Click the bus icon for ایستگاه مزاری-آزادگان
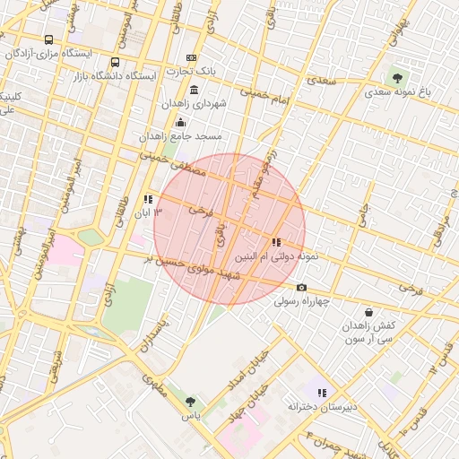pyautogui.click(x=48, y=39)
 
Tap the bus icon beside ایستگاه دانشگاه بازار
pyautogui.click(x=115, y=63)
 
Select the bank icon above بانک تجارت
pyautogui.click(x=191, y=57)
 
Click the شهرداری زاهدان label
pyautogui.click(x=195, y=104)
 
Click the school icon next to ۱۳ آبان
pyautogui.click(x=148, y=199)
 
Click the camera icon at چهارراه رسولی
pyautogui.click(x=301, y=287)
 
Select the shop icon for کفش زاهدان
pyautogui.click(x=369, y=312)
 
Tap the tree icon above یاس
pyautogui.click(x=190, y=401)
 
